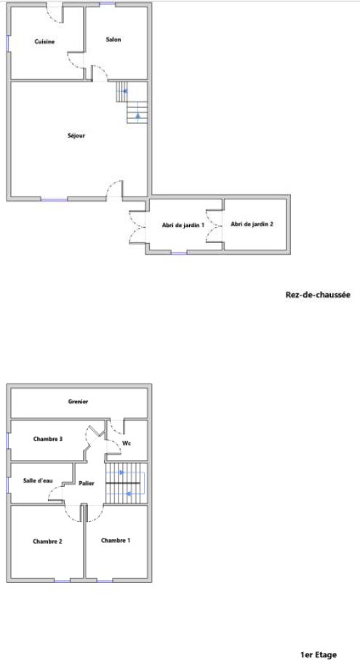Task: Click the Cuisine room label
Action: (x=44, y=41)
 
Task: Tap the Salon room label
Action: (x=113, y=40)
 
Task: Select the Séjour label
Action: (x=76, y=135)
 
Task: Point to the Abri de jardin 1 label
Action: (x=183, y=225)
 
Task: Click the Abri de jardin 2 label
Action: (x=252, y=225)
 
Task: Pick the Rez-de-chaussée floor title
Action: (x=318, y=295)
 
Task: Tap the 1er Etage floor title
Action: (x=319, y=655)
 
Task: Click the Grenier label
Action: (x=78, y=401)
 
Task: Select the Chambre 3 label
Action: (x=48, y=439)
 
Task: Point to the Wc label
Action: (x=126, y=443)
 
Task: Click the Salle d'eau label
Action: (x=38, y=481)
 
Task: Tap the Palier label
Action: (x=87, y=483)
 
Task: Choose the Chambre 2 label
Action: (x=47, y=541)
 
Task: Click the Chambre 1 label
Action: (x=116, y=541)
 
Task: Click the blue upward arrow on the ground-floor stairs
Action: (x=137, y=115)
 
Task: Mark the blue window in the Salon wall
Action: (x=108, y=4)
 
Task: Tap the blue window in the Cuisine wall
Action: (x=8, y=44)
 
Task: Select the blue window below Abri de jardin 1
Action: (x=179, y=253)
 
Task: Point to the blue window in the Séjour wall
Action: (x=54, y=199)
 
